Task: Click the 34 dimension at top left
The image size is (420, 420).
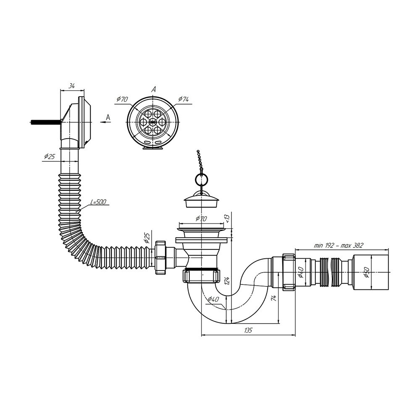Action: pos(71,86)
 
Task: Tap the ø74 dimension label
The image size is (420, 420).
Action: pos(183,99)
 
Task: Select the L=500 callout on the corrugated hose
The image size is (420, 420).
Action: pos(98,202)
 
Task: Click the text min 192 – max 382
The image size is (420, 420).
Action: pos(338,246)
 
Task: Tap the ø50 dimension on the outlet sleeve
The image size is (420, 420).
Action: pos(367,273)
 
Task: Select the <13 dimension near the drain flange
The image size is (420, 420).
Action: pos(228,218)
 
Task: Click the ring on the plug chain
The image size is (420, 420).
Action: pos(199,178)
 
